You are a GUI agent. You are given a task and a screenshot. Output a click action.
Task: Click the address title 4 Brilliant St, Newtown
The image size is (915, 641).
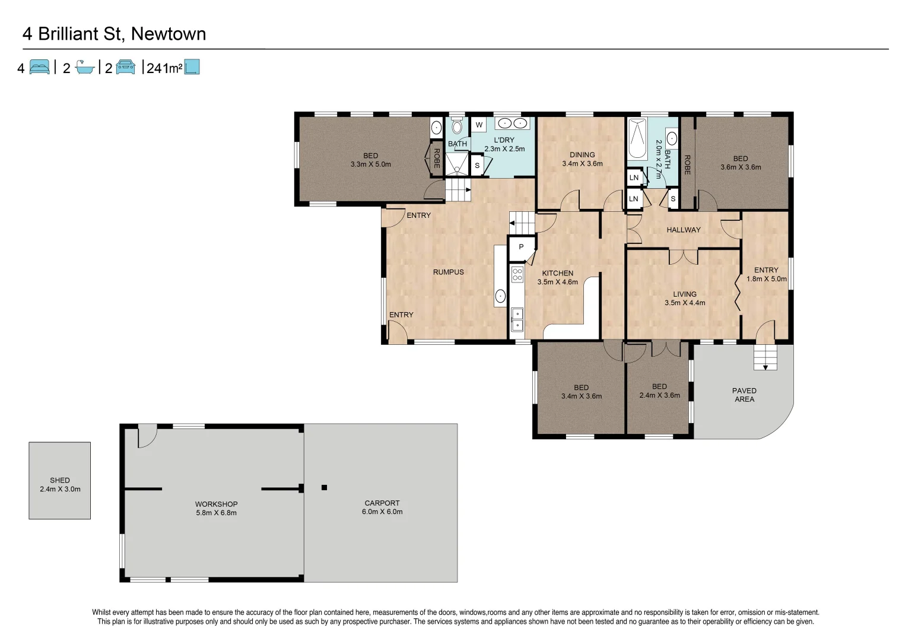(x=114, y=34)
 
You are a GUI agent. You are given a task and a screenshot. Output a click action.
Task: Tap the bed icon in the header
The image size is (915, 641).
(x=40, y=67)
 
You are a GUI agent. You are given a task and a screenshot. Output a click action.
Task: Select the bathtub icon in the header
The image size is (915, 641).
(x=85, y=68)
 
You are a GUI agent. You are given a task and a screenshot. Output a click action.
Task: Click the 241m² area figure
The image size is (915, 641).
(x=164, y=68)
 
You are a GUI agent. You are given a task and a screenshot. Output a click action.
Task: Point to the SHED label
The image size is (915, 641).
(x=60, y=480)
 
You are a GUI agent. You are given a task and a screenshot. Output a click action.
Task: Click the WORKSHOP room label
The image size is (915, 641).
(x=216, y=504)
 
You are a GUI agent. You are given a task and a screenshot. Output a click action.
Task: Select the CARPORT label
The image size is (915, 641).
(x=382, y=503)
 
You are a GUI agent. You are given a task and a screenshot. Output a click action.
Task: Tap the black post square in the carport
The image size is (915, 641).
(x=324, y=488)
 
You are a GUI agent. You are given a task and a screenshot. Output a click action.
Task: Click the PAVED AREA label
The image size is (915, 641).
(x=744, y=395)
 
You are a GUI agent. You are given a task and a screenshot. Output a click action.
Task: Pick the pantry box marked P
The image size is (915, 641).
(x=522, y=247)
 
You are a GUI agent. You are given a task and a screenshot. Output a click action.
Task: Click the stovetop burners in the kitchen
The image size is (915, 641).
(x=517, y=274)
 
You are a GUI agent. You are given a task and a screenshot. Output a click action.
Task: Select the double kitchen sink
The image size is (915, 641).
(x=517, y=319)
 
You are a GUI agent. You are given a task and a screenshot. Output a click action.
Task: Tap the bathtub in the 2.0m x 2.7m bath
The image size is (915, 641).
(x=637, y=139)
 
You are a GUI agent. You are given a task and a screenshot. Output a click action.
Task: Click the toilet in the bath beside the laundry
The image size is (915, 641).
(x=456, y=126)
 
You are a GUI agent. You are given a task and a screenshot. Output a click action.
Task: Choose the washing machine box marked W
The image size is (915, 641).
(x=479, y=125)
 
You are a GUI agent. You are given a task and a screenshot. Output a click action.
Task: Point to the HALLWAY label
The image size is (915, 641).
(x=683, y=230)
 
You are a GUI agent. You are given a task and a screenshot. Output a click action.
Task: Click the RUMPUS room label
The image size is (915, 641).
(x=448, y=272)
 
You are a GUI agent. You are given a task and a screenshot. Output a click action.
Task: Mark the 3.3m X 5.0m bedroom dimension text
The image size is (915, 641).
(x=370, y=164)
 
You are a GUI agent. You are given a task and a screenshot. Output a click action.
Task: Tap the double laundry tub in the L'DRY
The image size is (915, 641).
(x=512, y=123)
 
